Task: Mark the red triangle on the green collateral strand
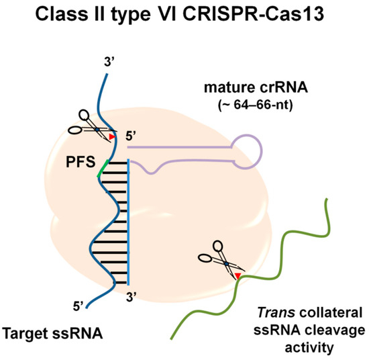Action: click(x=237, y=276)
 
